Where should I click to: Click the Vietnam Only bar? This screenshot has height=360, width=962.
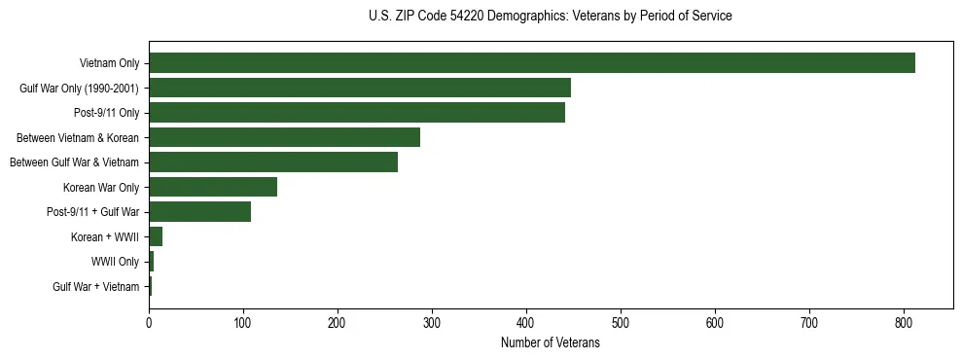coord(531,63)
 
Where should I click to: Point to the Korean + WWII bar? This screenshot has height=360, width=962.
coord(156,236)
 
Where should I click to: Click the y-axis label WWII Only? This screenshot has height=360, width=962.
coord(115,262)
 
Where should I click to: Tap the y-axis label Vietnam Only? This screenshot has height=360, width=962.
coord(109,64)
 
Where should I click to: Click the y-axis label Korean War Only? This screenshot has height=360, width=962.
coord(101,187)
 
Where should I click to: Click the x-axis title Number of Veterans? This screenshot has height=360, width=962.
coord(550,343)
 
